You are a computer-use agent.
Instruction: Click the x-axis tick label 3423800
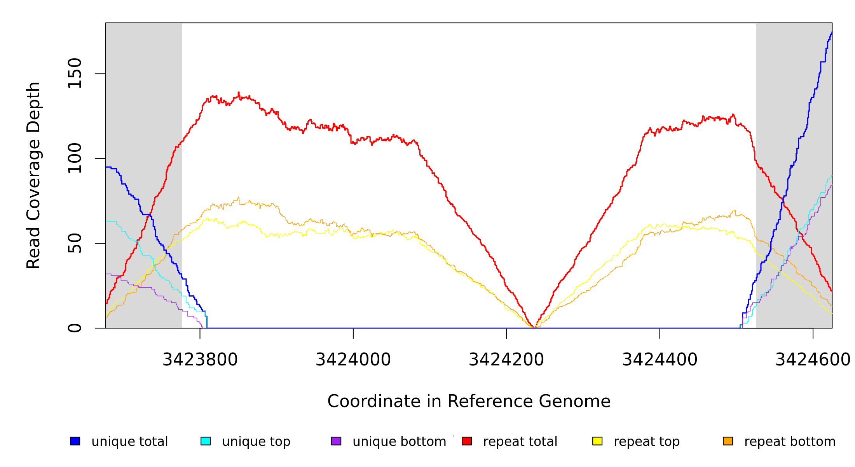(x=200, y=360)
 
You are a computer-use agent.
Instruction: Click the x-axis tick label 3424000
(x=353, y=360)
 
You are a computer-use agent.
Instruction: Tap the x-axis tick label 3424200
(x=506, y=360)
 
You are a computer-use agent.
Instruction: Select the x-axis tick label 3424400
(x=660, y=360)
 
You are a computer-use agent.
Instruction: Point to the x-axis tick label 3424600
(x=812, y=360)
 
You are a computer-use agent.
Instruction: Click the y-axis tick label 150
(x=75, y=74)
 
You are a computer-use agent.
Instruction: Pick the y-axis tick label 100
(x=75, y=158)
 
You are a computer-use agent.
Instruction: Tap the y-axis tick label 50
(x=75, y=243)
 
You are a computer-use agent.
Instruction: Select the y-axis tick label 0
(x=75, y=328)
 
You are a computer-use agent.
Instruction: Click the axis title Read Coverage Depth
(x=33, y=175)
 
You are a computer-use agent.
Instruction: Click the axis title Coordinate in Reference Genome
(x=469, y=401)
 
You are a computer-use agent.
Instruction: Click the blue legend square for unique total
(x=75, y=441)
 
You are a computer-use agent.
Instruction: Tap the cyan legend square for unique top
(x=206, y=441)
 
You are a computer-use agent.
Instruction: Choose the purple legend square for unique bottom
(x=336, y=441)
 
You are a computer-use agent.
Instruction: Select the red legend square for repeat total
(x=467, y=441)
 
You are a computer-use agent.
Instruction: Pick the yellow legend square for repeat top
(x=597, y=441)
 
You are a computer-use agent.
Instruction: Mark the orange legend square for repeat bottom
(x=728, y=441)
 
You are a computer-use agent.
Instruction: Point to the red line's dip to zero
(x=534, y=327)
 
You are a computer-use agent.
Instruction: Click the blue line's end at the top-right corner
(x=832, y=32)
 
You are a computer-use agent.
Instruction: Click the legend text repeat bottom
(x=790, y=442)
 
